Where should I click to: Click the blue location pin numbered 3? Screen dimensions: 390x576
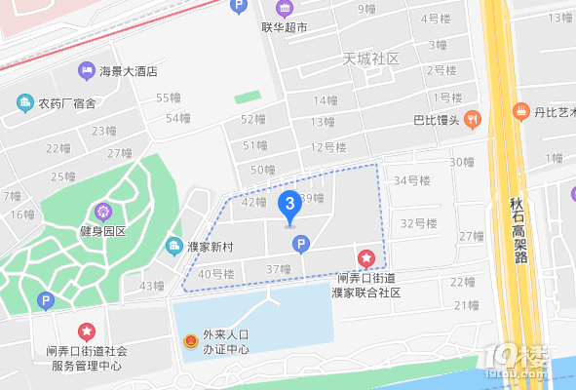click(x=288, y=205)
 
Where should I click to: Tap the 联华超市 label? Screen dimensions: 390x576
click(x=285, y=28)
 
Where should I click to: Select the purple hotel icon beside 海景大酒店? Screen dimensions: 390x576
click(x=86, y=70)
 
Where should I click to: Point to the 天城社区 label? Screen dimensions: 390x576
click(x=372, y=59)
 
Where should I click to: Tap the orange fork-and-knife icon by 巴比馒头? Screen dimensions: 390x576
click(x=472, y=119)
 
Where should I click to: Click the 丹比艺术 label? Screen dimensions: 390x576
click(x=552, y=112)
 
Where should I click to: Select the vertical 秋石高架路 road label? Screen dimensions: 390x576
click(x=518, y=230)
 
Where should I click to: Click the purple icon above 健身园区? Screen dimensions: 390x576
click(x=103, y=210)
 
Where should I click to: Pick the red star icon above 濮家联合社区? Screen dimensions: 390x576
click(x=366, y=258)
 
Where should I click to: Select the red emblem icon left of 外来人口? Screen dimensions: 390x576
click(x=190, y=342)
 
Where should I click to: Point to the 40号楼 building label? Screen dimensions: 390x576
click(x=215, y=275)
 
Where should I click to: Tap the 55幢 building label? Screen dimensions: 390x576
click(x=169, y=97)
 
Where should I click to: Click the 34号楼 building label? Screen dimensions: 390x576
click(x=411, y=180)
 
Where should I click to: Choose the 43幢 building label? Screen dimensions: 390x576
click(x=152, y=287)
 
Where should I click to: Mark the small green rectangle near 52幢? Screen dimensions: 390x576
click(x=248, y=97)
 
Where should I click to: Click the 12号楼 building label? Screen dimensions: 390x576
click(x=328, y=147)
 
